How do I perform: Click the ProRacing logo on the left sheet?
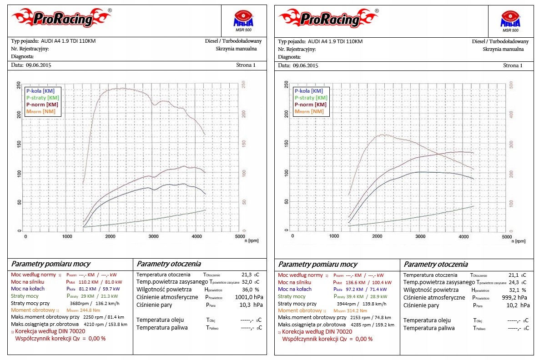pos(61,18)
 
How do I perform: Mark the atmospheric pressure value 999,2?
pos(511,297)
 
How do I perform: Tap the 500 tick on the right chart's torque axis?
pos(510,85)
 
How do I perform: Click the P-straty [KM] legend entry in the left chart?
pos(42,97)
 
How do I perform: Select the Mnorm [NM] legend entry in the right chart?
pos(309,111)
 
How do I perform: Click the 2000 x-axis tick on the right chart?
pos(377,236)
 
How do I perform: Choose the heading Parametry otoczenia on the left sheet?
pos(169,264)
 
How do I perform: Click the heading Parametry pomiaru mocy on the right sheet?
pos(317,264)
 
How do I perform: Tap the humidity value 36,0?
pos(247,290)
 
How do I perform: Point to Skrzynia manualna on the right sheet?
pos(504,49)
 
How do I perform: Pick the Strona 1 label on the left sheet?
pos(246,65)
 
